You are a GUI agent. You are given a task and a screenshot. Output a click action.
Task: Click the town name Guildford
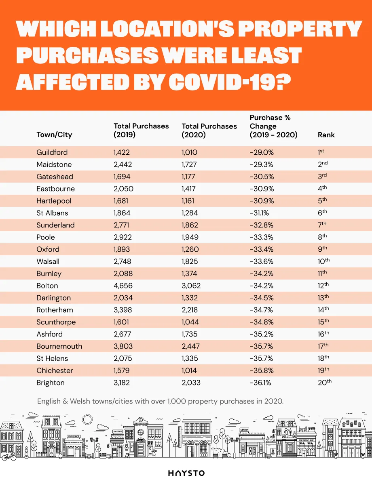[x=52, y=152]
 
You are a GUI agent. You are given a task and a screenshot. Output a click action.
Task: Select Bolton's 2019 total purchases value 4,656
[x=123, y=286]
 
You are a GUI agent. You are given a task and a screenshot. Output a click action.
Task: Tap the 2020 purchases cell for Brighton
[x=190, y=383]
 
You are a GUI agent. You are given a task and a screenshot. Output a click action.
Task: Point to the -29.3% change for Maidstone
[x=262, y=164]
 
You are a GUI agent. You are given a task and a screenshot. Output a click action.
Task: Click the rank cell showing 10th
[x=323, y=261]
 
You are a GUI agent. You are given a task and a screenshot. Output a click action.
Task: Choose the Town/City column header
[x=54, y=135]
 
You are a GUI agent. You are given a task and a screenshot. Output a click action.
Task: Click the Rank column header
[x=326, y=135]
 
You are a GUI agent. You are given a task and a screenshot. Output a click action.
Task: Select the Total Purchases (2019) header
[x=141, y=130]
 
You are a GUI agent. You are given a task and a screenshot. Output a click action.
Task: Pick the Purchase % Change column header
[x=273, y=126]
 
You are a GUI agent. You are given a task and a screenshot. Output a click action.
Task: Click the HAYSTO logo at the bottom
[x=186, y=473]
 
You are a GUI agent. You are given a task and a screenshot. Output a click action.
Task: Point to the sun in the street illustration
[x=87, y=419]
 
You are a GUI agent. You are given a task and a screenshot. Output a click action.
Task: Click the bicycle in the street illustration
[x=8, y=456]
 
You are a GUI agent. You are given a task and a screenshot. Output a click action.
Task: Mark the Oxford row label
[x=48, y=249]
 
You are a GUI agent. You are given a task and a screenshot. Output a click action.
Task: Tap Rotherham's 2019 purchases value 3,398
[x=123, y=310]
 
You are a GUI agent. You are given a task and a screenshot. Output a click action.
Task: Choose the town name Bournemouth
[x=59, y=346]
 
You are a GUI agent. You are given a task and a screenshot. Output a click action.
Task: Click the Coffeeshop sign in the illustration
[x=74, y=437]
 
